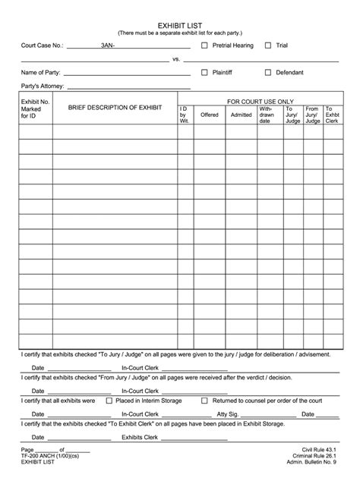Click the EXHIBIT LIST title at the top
[x=179, y=25]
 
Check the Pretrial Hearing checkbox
[x=204, y=46]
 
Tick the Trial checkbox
[x=268, y=46]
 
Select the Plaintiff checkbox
[x=204, y=73]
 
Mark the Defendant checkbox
[x=268, y=73]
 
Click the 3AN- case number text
[x=109, y=46]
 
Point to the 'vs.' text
[x=176, y=58]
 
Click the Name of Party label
[x=42, y=73]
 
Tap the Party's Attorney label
[x=44, y=86]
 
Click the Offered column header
[x=209, y=115]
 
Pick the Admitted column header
[x=241, y=115]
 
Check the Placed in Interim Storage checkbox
[x=109, y=400]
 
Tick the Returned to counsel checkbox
[x=204, y=400]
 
